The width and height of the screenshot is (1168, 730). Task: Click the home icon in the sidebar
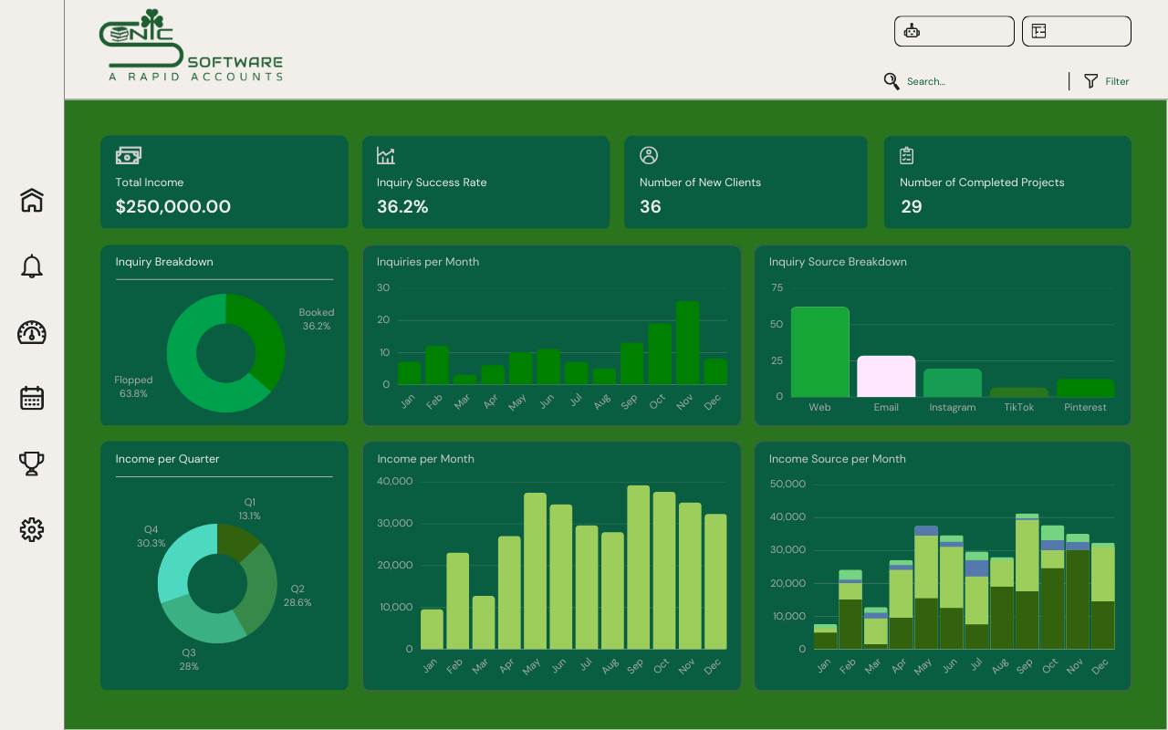[32, 200]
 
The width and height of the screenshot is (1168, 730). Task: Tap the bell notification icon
[32, 266]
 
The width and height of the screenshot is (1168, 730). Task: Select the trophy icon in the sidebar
[32, 464]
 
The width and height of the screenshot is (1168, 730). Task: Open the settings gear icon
[32, 529]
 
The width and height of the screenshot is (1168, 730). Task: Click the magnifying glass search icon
[892, 81]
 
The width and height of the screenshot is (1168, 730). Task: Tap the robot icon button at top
[912, 31]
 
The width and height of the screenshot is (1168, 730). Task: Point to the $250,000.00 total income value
[172, 206]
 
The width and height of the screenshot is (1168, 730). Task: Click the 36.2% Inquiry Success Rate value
[402, 206]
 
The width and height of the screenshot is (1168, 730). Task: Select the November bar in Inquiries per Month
[687, 343]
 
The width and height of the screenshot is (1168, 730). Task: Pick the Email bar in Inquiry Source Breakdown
[886, 376]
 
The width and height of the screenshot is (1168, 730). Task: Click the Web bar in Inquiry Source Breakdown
[819, 352]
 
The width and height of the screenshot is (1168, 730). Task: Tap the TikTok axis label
[1018, 407]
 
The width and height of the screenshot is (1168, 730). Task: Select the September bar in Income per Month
[638, 567]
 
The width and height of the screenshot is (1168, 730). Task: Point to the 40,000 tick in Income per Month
[395, 482]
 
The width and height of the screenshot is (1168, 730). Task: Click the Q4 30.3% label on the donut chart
[151, 537]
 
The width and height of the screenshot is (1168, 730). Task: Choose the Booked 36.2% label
[316, 319]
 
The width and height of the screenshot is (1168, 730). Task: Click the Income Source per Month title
[837, 459]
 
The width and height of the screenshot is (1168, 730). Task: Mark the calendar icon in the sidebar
[32, 398]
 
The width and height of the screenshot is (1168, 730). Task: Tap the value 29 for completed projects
[911, 206]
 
